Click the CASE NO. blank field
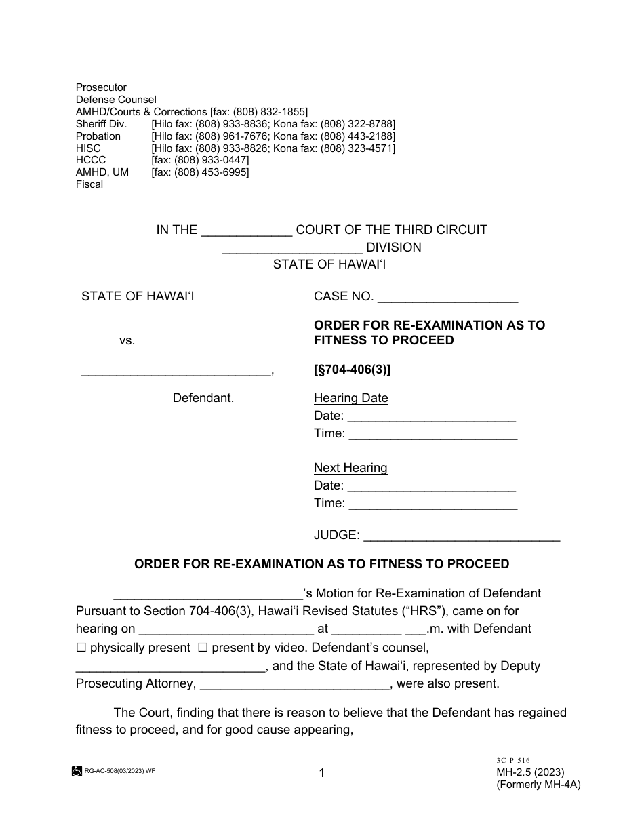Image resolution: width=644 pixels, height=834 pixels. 447,297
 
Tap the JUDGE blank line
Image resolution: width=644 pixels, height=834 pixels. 462,536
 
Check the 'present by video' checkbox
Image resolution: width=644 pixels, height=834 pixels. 202,648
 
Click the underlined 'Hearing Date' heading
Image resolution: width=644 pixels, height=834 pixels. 350,398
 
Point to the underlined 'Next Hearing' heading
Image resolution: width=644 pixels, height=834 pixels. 350,468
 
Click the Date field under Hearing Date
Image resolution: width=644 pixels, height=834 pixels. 432,416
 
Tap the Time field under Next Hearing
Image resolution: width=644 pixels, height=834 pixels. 432,504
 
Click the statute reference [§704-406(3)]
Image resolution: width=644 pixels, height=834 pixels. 353,370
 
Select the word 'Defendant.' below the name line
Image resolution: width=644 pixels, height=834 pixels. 203,398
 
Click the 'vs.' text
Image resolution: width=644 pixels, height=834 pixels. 127,340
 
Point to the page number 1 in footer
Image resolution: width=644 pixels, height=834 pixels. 322,772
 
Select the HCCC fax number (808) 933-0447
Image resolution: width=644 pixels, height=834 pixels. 200,160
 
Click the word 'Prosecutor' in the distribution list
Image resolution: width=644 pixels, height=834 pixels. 101,87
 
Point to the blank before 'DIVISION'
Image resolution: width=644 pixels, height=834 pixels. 292,248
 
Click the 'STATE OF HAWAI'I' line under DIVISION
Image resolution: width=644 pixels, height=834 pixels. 322,264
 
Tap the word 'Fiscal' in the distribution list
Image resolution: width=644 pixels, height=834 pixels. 89,184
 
